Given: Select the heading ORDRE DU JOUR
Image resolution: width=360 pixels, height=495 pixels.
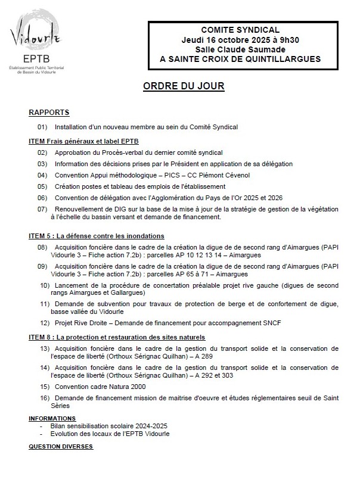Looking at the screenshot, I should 184,86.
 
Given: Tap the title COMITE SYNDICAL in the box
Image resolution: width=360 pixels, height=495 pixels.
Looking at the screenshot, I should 240,30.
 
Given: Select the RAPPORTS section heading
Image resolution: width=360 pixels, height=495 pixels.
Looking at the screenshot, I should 49,113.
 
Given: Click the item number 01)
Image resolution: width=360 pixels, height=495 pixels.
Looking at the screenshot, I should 42,127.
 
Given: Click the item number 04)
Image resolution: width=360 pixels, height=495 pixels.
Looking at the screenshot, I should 42,175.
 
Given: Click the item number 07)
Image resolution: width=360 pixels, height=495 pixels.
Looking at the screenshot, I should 42,209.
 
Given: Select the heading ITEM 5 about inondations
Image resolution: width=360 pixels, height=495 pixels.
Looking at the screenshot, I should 97,236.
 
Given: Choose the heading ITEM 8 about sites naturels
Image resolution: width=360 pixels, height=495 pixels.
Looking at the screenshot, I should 117,337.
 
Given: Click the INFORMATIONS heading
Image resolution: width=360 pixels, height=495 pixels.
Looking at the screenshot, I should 52,419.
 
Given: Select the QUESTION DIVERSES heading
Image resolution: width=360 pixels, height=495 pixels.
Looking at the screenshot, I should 61,446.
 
